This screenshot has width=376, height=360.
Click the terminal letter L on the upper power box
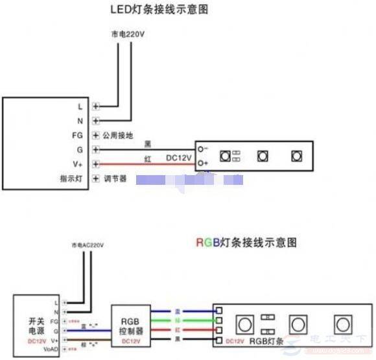[x=80, y=105]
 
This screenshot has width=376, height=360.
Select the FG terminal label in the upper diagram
[x=78, y=135]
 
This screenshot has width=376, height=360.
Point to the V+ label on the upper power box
[x=78, y=164]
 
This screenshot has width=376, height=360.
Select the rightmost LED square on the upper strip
[x=296, y=156]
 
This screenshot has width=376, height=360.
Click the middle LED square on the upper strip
[x=263, y=156]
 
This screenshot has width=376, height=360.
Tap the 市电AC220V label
[x=87, y=245]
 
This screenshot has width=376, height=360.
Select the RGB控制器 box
[x=131, y=323]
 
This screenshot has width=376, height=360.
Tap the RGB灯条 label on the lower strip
[x=267, y=341]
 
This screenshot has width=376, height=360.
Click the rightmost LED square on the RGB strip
[x=342, y=324]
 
